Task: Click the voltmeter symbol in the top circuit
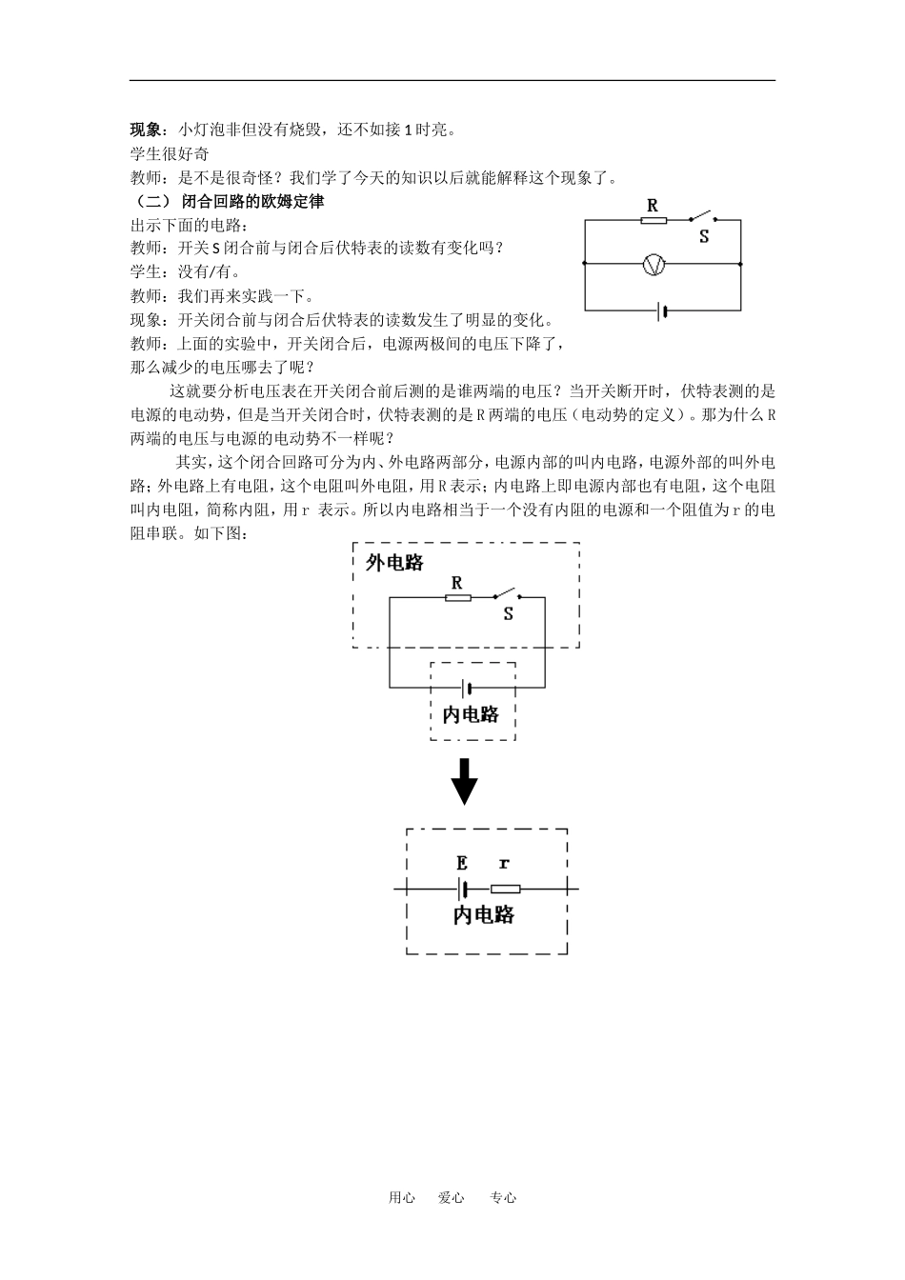[x=654, y=265]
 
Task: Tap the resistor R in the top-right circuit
[x=653, y=220]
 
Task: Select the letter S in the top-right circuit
[x=704, y=237]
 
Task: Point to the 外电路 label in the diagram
[x=394, y=563]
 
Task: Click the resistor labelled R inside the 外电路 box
[x=457, y=598]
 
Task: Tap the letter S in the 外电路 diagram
[x=508, y=614]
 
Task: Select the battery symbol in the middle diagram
[x=467, y=687]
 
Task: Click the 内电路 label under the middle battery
[x=472, y=714]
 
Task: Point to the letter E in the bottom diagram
[x=462, y=864]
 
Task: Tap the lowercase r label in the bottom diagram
[x=504, y=864]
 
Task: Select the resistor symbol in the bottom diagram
[x=505, y=890]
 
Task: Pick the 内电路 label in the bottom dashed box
[x=484, y=915]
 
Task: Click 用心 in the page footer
[x=401, y=1198]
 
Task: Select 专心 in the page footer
[x=503, y=1198]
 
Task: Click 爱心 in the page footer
[x=452, y=1198]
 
